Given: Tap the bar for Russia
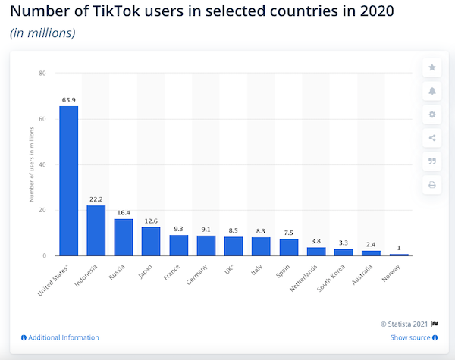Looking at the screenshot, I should (124, 237).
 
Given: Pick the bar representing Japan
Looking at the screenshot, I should (151, 241).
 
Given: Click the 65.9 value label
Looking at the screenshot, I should (68, 99).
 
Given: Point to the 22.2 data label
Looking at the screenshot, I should (96, 199).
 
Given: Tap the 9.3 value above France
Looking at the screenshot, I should (178, 228).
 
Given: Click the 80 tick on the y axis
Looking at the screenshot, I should (42, 74).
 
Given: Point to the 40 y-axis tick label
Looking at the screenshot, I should (42, 164).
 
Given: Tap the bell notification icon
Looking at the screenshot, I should (432, 90).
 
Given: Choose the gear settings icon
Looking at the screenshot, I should (432, 114).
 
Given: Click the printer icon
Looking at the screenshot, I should (432, 184).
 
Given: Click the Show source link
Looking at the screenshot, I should (410, 337).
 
